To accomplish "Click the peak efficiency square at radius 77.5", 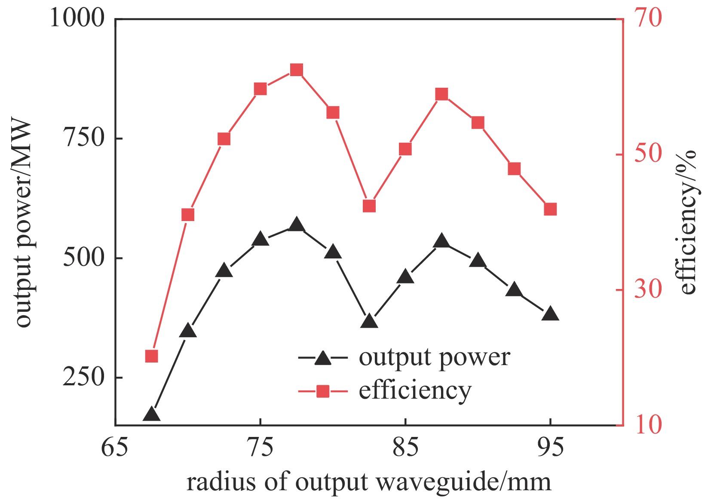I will click(297, 70).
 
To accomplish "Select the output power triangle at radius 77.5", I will click(297, 225).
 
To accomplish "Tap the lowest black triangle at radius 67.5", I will click(151, 415).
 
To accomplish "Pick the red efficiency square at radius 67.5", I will click(151, 356).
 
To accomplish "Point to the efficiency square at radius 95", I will click(550, 209).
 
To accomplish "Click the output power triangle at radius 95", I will click(550, 314).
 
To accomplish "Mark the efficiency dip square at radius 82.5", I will click(369, 206).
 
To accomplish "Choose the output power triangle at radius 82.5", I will click(369, 321).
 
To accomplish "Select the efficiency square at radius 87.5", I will click(441, 95).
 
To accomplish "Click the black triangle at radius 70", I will click(188, 331).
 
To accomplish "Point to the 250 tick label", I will click(84, 377).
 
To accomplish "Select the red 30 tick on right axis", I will click(648, 289).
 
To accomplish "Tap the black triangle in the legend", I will click(323, 358).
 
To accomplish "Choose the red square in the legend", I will click(323, 391).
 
